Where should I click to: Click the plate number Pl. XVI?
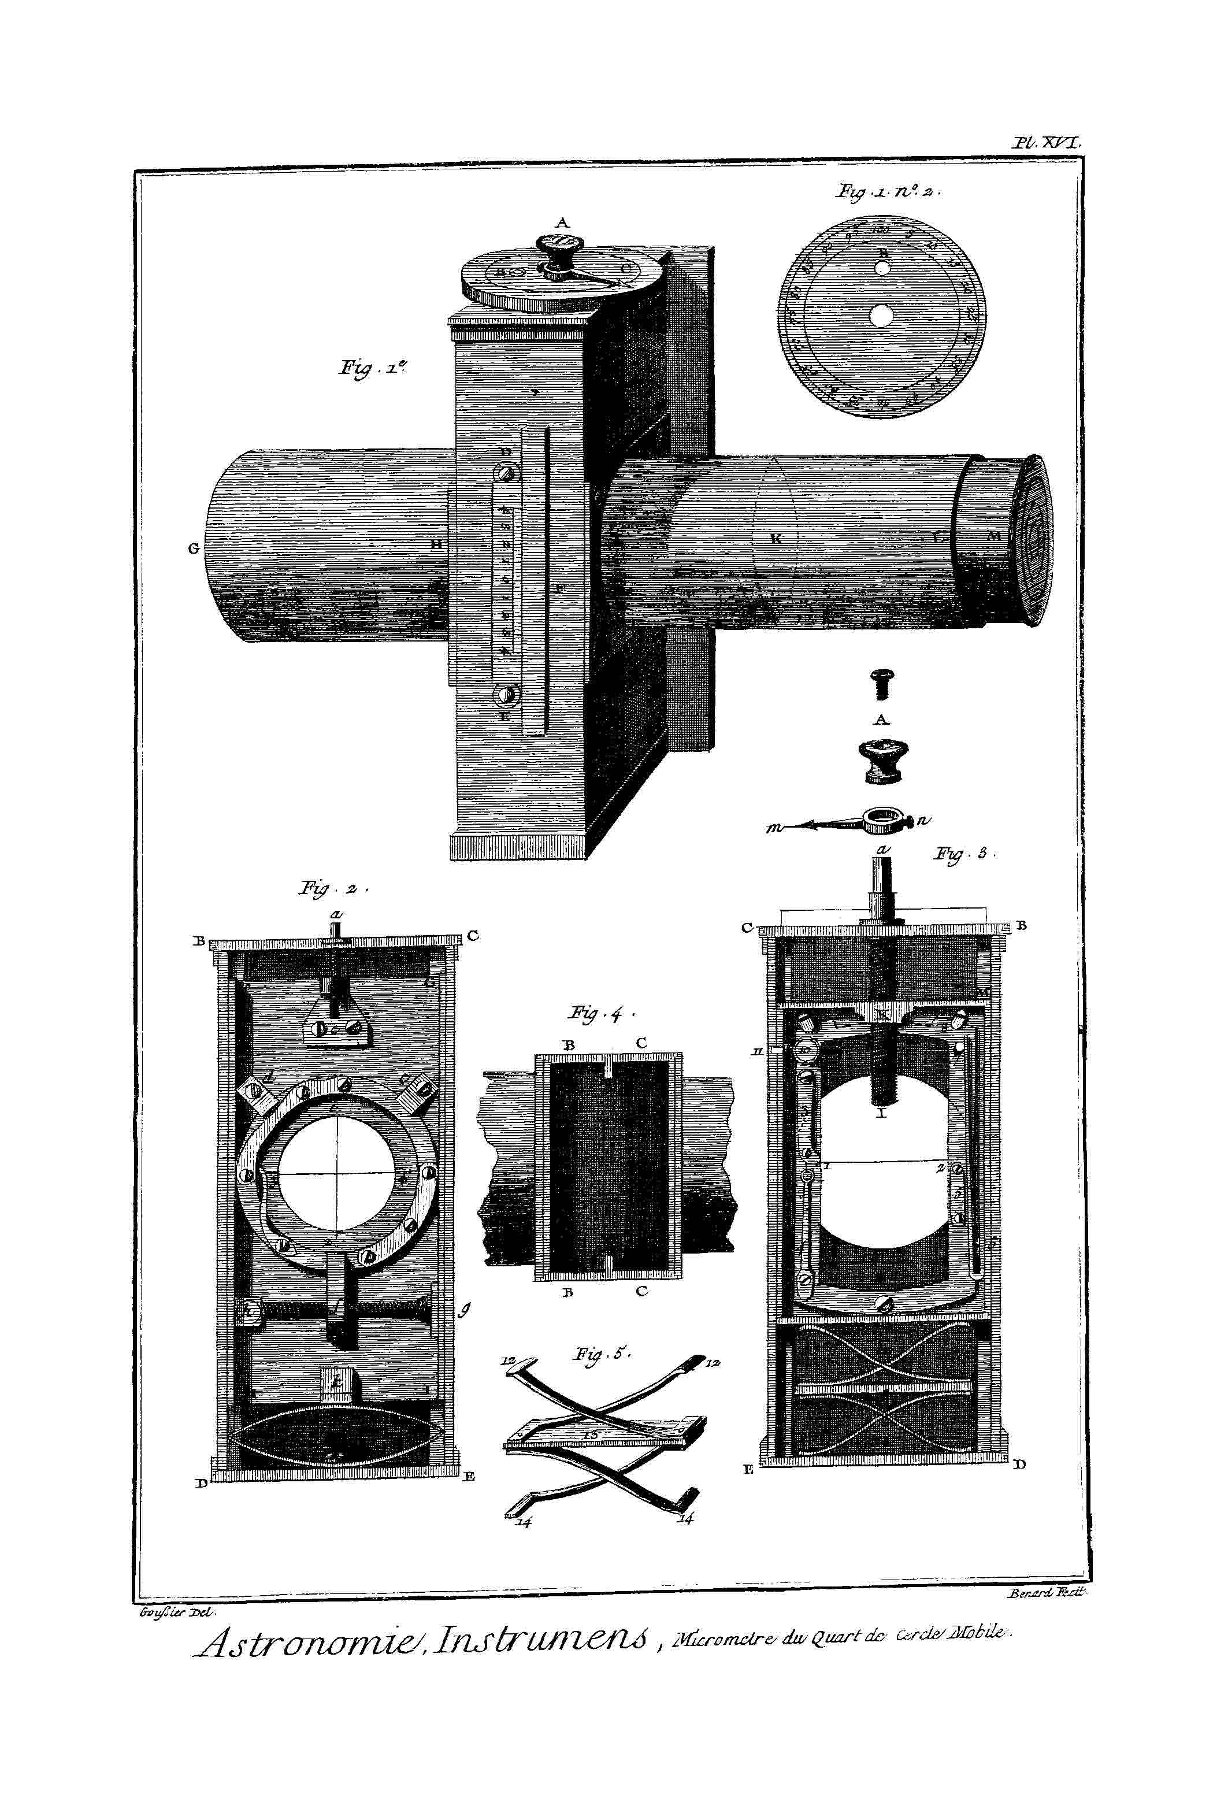[x=1050, y=143]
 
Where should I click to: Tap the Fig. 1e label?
[x=372, y=368]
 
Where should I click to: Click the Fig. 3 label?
[x=963, y=854]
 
